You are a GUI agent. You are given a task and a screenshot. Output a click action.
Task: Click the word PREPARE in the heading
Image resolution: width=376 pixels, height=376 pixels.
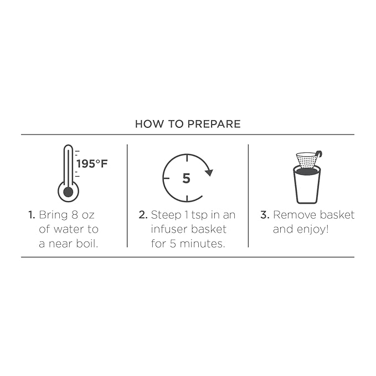click(214, 124)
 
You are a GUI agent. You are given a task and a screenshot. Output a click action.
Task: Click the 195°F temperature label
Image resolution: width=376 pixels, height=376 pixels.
click(92, 164)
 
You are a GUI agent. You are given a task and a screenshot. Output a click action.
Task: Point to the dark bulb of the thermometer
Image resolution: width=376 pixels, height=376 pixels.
click(68, 192)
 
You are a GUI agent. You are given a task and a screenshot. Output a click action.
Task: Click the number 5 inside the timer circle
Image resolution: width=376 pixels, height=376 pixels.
click(186, 178)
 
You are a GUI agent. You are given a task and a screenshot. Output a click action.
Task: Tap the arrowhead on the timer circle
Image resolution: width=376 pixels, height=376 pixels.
click(209, 172)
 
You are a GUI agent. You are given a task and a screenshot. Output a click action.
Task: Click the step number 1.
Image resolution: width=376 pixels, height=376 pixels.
click(32, 215)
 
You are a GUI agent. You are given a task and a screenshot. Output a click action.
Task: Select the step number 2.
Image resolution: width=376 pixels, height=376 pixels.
click(143, 215)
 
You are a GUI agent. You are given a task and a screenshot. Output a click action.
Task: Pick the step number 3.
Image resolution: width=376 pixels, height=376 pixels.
click(265, 215)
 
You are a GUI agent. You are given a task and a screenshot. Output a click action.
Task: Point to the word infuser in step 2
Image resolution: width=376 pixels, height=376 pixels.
click(167, 229)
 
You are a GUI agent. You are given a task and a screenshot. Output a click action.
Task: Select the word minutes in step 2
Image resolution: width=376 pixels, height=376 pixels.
click(202, 244)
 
